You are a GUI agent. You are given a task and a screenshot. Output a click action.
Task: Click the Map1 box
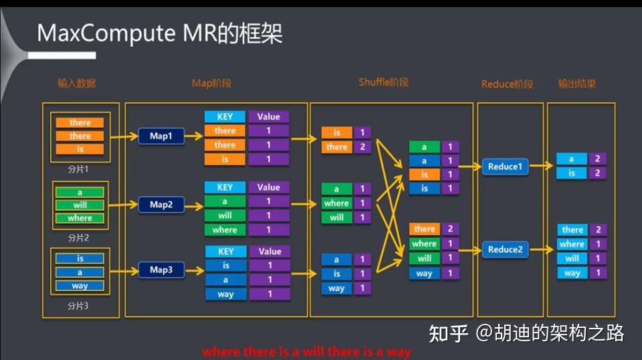161,136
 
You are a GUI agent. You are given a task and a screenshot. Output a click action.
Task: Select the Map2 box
161,205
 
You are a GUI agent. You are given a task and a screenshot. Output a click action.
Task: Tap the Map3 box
161,270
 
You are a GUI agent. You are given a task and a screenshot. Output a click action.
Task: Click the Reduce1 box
505,167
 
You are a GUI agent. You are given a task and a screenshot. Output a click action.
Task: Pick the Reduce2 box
505,250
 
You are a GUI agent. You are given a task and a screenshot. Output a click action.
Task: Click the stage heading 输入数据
77,84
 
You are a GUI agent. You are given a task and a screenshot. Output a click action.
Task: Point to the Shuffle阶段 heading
384,82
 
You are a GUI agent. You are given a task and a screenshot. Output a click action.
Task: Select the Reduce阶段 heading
508,84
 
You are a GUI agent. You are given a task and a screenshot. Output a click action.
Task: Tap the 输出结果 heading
577,84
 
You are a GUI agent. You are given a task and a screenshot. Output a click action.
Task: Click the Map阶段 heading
212,83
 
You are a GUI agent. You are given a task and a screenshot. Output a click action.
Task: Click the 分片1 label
78,169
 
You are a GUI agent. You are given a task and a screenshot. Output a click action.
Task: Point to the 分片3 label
78,306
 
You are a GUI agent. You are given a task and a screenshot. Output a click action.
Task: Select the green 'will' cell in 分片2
80,205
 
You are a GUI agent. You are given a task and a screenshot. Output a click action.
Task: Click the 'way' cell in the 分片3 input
80,286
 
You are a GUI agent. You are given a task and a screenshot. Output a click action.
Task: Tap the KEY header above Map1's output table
225,116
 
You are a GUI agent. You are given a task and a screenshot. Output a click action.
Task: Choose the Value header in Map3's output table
270,252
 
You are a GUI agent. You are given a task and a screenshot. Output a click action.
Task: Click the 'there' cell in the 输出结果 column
572,230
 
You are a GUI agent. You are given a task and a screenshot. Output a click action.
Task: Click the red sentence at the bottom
306,352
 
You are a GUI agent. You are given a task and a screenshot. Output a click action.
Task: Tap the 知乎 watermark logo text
448,333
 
